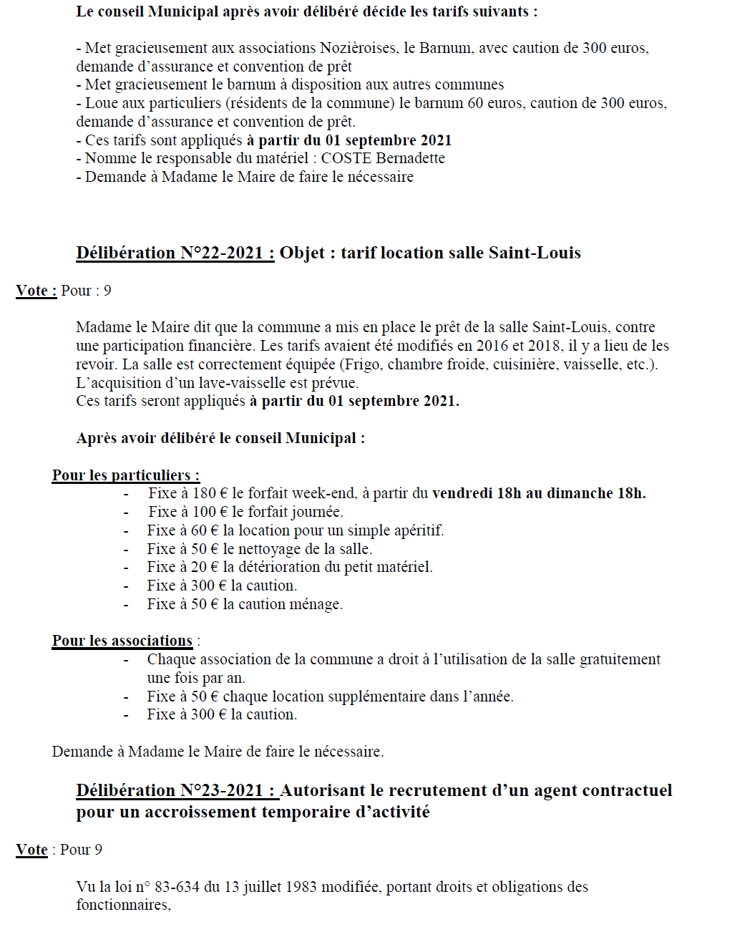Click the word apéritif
click(x=417, y=530)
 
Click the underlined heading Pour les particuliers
click(x=125, y=475)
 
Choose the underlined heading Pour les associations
click(x=122, y=641)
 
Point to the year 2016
click(x=492, y=346)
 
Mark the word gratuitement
click(x=620, y=659)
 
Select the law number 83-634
click(x=177, y=887)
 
